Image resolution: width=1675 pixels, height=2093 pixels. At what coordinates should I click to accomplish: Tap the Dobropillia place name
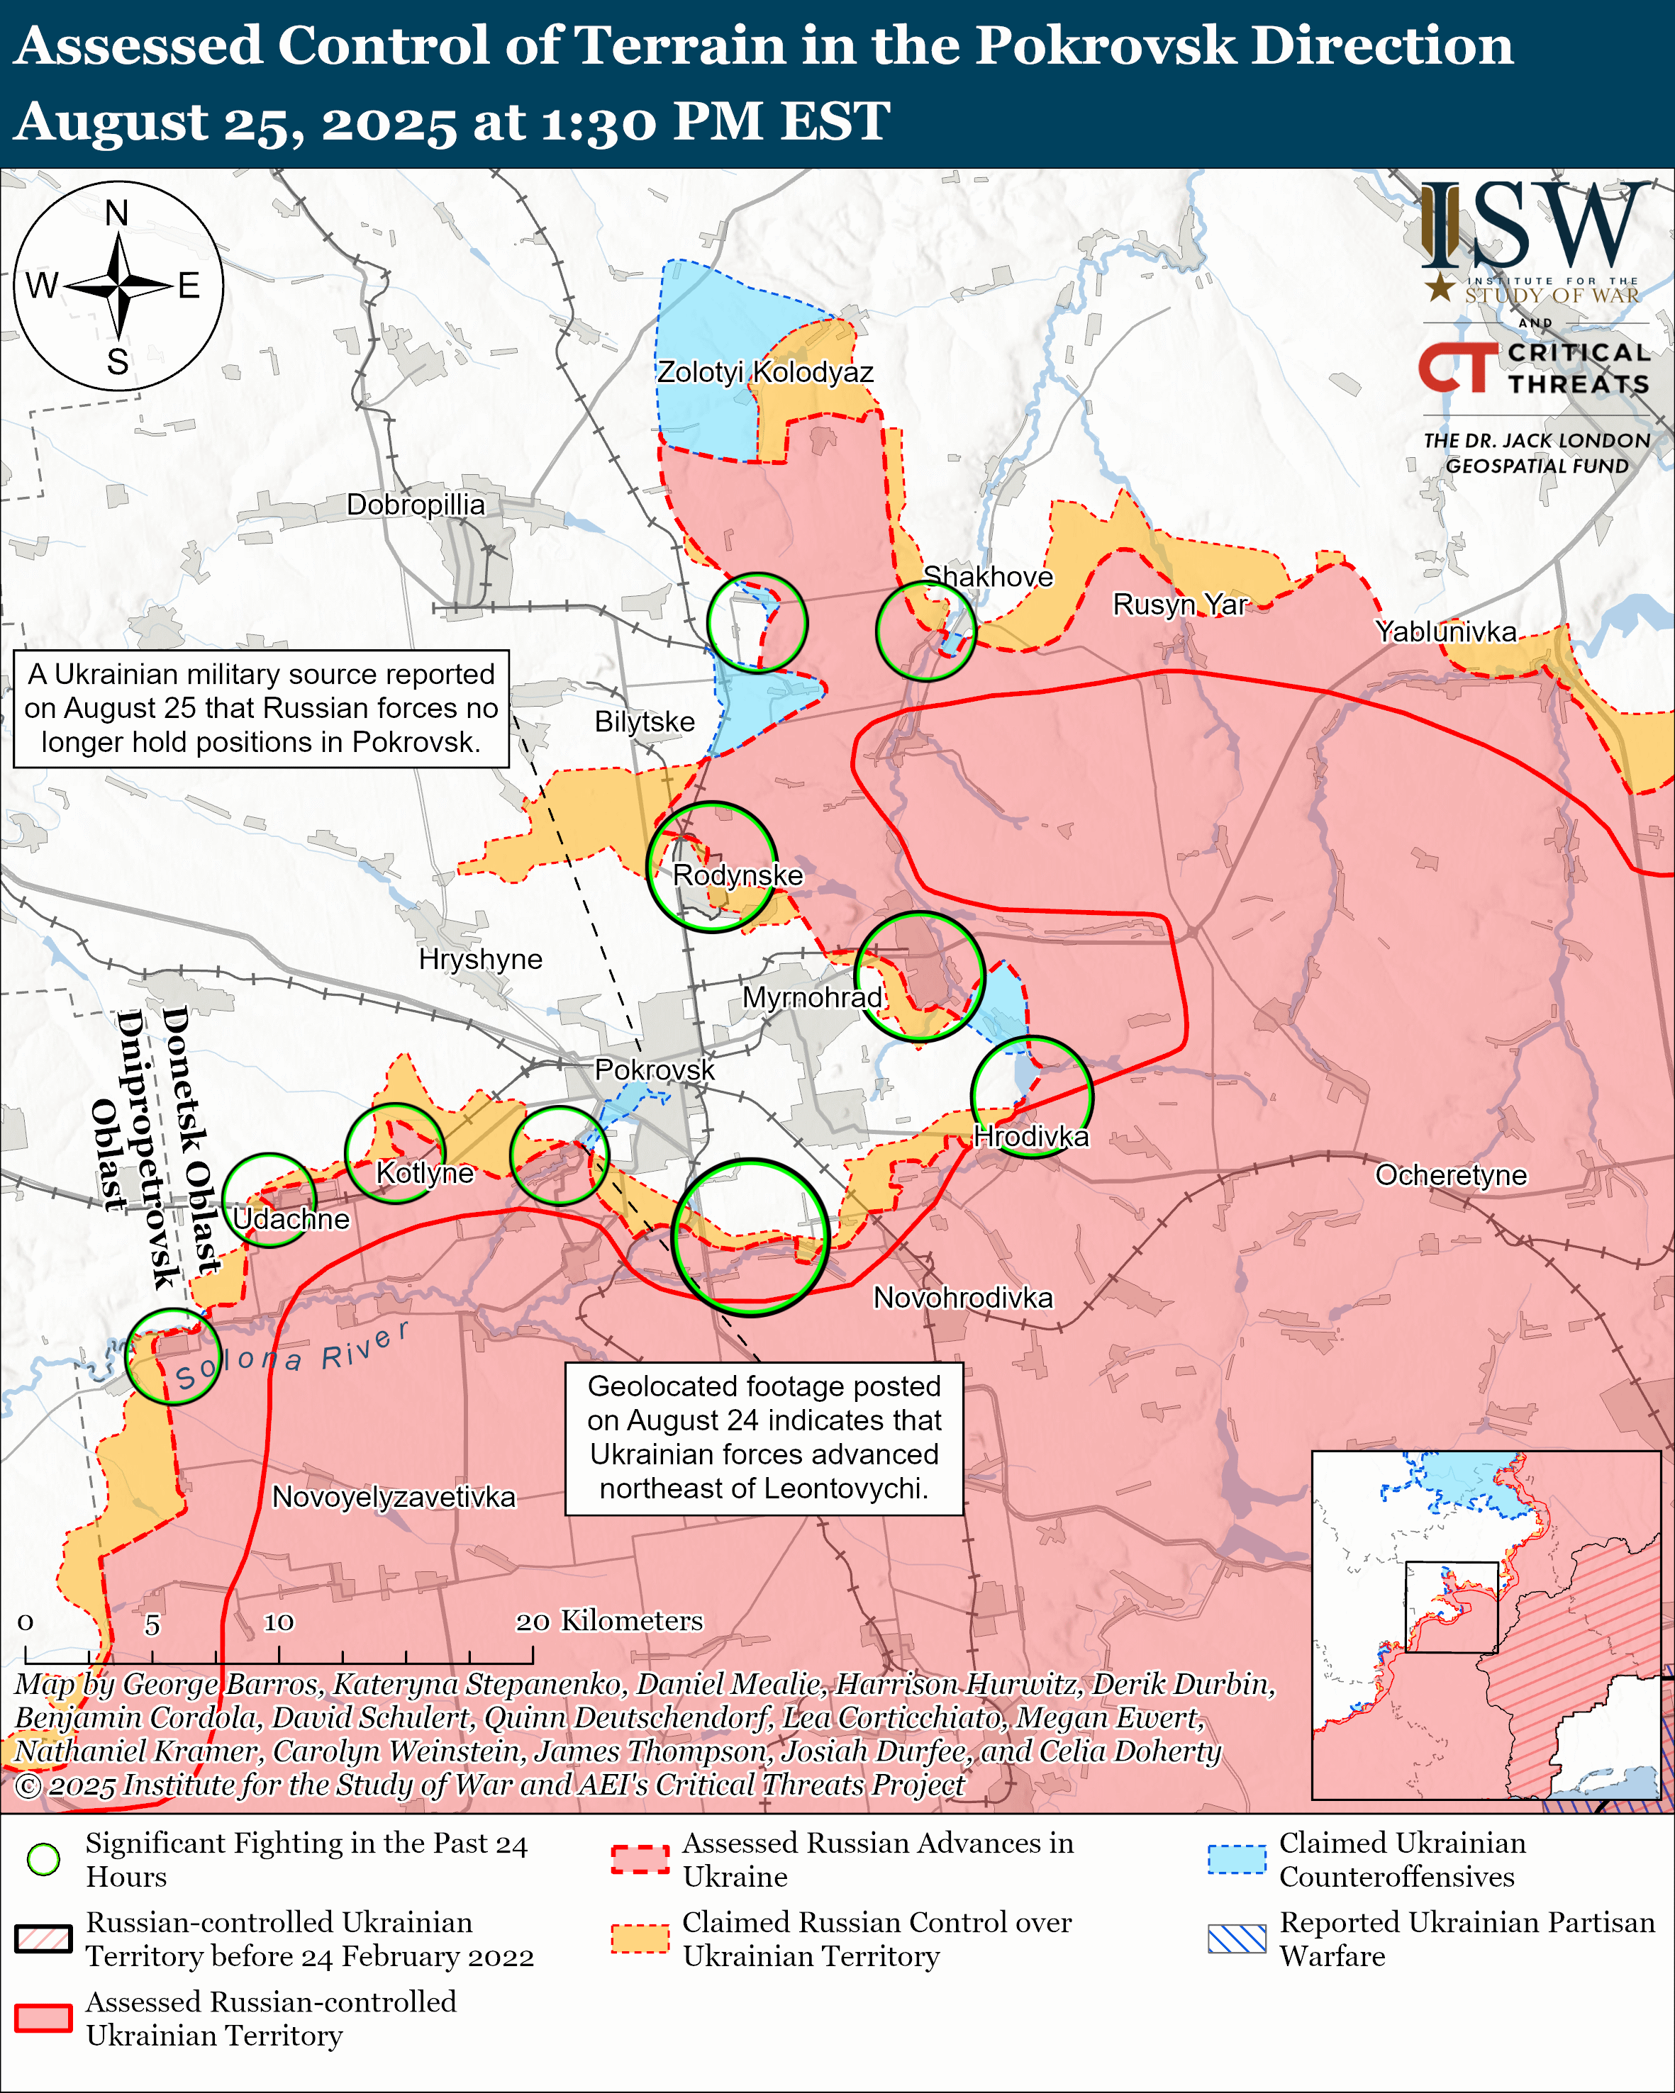[x=416, y=505]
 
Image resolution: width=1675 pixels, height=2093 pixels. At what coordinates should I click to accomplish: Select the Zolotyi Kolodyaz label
[x=765, y=372]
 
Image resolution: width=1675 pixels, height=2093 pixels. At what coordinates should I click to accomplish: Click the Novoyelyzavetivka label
[x=394, y=1496]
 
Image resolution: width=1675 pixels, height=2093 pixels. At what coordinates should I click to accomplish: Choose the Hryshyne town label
[x=481, y=959]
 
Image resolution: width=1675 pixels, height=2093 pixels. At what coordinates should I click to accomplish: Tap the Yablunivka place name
[x=1446, y=632]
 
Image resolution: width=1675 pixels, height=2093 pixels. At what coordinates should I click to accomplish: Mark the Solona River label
[x=291, y=1355]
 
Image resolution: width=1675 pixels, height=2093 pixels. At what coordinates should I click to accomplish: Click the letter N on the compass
[x=116, y=213]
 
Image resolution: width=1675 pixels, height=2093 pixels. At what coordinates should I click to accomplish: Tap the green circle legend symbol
[x=44, y=1859]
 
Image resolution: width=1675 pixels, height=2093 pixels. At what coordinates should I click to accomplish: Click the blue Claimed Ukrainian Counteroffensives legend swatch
[x=1237, y=1859]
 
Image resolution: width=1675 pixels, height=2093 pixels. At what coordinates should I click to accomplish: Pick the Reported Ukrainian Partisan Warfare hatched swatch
[x=1237, y=1938]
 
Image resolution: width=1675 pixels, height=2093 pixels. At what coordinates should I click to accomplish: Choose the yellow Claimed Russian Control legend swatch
[x=640, y=1938]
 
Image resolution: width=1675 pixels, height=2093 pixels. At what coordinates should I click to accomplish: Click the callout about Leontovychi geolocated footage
[x=764, y=1437]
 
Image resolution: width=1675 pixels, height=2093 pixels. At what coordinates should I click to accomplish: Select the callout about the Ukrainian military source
[x=261, y=709]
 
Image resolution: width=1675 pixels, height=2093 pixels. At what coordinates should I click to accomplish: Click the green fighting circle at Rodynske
[x=712, y=866]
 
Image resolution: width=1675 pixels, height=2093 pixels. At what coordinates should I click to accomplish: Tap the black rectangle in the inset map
[x=1451, y=1607]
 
